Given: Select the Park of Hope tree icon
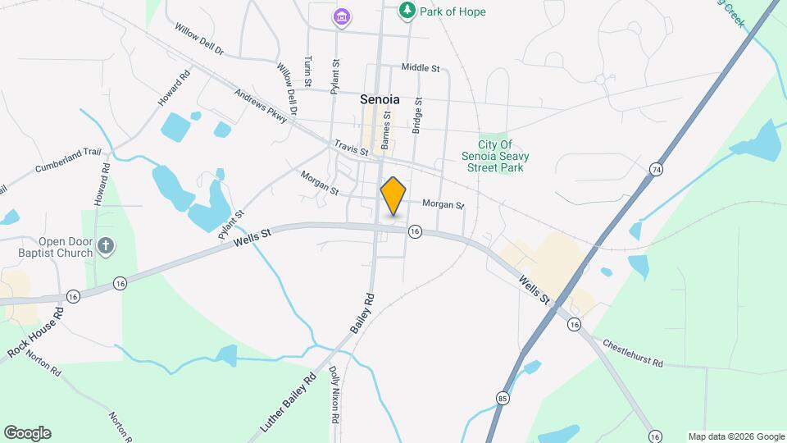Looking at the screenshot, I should coord(406,11).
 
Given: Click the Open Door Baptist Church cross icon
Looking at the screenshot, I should coord(104,245).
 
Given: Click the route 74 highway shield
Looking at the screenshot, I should coord(655,169).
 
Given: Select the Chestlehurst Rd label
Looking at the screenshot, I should coord(632,354).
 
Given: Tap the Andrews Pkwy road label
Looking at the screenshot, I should coord(261,107).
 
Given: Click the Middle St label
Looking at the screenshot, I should coord(419,67).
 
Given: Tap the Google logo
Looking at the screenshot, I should coord(27,433).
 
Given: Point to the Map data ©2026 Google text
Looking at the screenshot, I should coord(735,436).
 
